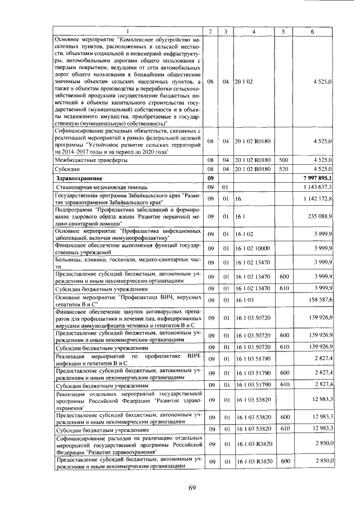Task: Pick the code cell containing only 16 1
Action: [x=240, y=216]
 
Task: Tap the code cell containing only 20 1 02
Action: [x=244, y=82]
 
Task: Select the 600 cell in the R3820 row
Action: [x=283, y=462]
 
